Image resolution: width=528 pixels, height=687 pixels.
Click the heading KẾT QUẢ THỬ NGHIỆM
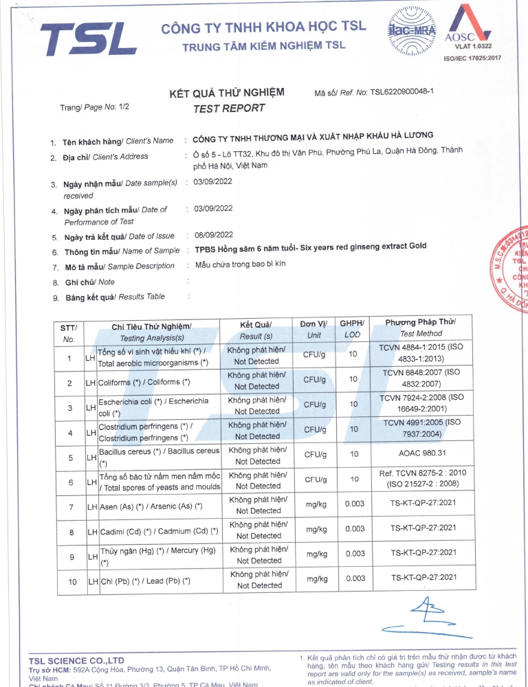click(x=227, y=93)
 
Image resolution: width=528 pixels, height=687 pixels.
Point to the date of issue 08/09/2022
click(x=214, y=235)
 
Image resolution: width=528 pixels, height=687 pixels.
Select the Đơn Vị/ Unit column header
click(x=314, y=329)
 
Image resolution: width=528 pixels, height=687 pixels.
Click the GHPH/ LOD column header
click(x=353, y=329)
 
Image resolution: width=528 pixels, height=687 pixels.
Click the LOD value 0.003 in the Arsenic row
click(x=355, y=504)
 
